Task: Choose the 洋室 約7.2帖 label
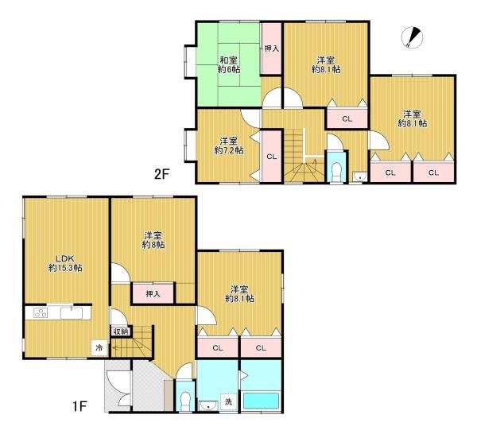click(228, 145)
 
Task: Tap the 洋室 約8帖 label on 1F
click(153, 240)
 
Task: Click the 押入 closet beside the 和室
click(271, 49)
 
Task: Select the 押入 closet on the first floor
click(153, 294)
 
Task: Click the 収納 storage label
click(120, 331)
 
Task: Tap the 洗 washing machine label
click(227, 401)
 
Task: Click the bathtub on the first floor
click(261, 401)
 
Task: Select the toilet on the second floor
click(335, 170)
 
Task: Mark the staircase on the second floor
click(301, 155)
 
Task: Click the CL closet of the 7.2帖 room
click(271, 157)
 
